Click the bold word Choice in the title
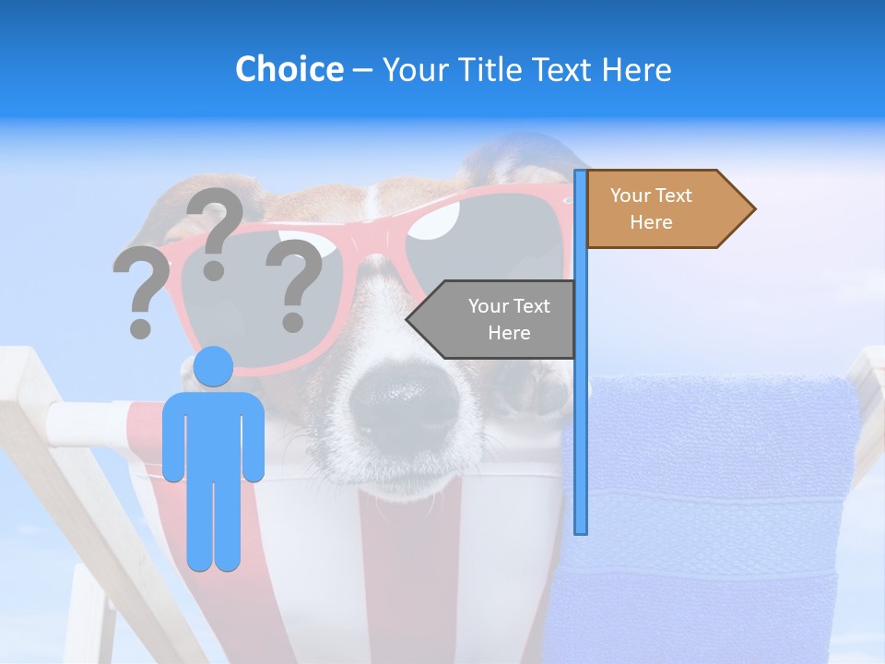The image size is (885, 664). (289, 69)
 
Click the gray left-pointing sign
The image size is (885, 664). (498, 319)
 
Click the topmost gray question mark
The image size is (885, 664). (216, 231)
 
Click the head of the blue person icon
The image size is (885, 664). (214, 367)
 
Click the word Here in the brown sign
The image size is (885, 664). (651, 222)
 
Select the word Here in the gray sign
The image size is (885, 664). (509, 333)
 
